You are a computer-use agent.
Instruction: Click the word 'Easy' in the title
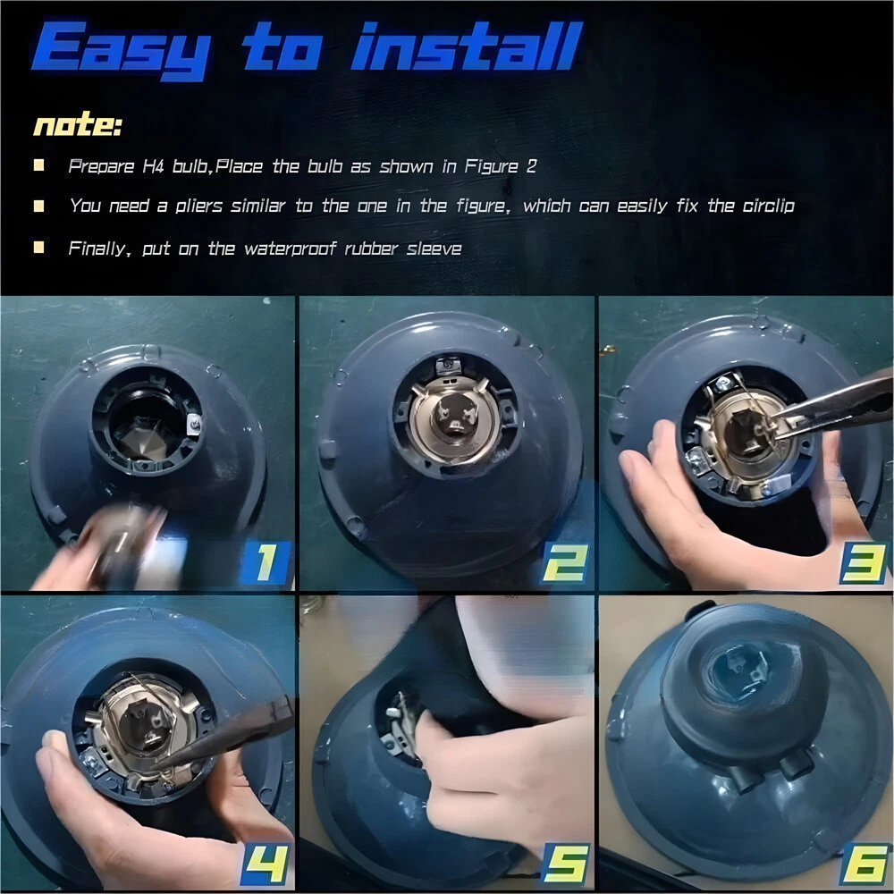pyautogui.click(x=121, y=50)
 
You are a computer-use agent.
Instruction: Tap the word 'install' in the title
pyautogui.click(x=467, y=46)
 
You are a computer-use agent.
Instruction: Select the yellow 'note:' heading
pyautogui.click(x=78, y=123)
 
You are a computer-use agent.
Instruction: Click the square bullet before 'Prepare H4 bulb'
pyautogui.click(x=38, y=165)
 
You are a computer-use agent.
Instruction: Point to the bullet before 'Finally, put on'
pyautogui.click(x=38, y=247)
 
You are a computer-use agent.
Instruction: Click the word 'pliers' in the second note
pyautogui.click(x=198, y=207)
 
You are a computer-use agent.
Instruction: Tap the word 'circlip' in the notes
pyautogui.click(x=768, y=206)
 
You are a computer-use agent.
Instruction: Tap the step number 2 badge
pyautogui.click(x=564, y=563)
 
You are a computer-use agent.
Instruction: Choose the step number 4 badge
pyautogui.click(x=266, y=864)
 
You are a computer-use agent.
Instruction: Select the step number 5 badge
pyautogui.click(x=564, y=864)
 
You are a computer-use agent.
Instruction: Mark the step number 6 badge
pyautogui.click(x=864, y=864)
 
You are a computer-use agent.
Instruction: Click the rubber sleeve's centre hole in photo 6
pyautogui.click(x=739, y=673)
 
